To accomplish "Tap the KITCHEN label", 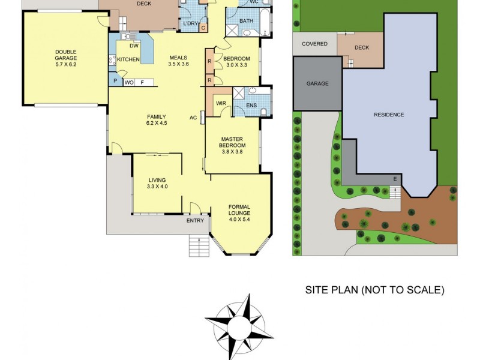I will point(128,59).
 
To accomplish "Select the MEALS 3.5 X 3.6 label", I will point(178,61).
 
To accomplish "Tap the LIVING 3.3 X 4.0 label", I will point(157,183).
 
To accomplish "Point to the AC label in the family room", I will point(193,117).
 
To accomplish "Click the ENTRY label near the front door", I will point(195,221).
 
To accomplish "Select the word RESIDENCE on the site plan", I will point(388,115).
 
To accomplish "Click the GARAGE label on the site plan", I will point(317,84).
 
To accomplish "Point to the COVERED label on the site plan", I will point(314,44).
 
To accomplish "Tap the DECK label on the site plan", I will point(362,47).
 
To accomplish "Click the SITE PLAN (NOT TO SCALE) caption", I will point(374,290).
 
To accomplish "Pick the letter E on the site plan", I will point(395,179).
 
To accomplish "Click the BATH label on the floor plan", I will point(247,21).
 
